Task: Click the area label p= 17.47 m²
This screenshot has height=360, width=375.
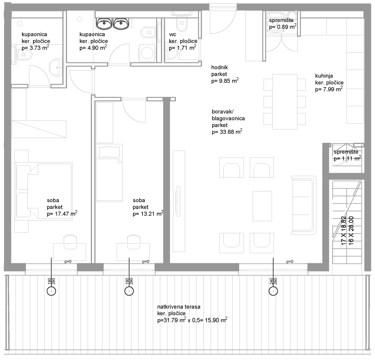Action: (62, 214)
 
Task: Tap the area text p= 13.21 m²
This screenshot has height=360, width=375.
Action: (148, 214)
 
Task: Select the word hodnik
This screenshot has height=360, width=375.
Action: (220, 67)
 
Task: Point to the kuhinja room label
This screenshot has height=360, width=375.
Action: (324, 76)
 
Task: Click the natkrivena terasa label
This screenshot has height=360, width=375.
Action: (179, 307)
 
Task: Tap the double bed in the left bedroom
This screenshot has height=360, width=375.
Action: (44, 191)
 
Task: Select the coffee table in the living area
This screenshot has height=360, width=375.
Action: (262, 206)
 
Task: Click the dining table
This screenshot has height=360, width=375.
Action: (285, 102)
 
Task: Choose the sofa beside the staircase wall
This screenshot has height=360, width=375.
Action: (304, 205)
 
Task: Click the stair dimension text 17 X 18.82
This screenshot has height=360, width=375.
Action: (344, 230)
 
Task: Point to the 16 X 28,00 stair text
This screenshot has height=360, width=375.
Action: (351, 230)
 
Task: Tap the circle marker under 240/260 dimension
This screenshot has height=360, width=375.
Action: (273, 292)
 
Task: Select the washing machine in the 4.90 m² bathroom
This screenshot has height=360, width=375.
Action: (146, 53)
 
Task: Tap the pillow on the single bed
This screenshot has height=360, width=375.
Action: (109, 152)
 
